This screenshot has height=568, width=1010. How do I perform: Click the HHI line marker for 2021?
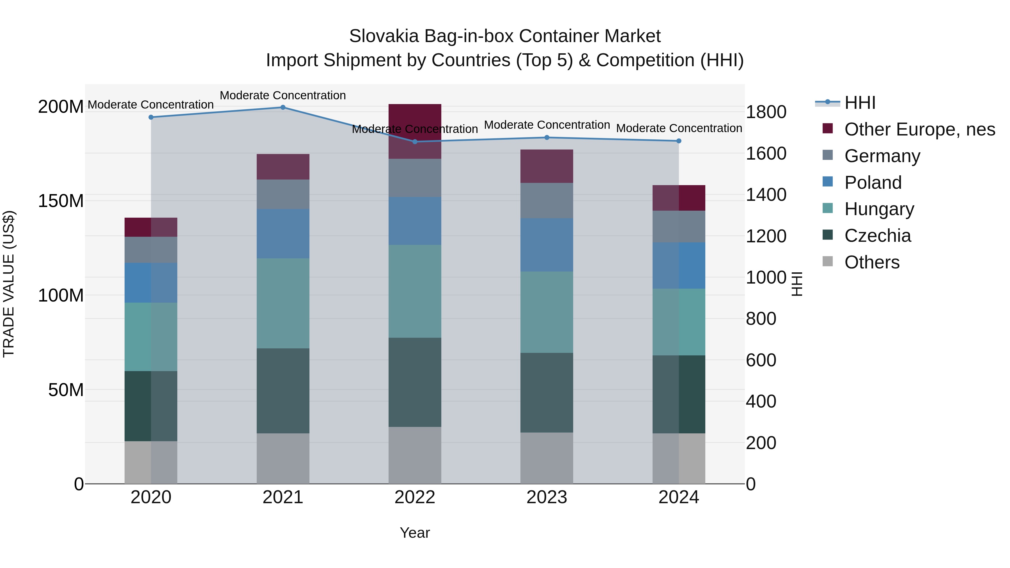coord(283,107)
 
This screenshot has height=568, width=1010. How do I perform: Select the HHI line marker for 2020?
coord(151,117)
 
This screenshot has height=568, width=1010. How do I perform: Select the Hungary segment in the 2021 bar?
coord(283,303)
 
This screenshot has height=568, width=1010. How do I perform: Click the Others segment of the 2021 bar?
coord(283,458)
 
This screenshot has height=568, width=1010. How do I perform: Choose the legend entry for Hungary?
coord(879,209)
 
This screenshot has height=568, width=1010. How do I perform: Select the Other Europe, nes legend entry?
coord(919,129)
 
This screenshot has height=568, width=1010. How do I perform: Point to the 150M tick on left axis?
coord(61,201)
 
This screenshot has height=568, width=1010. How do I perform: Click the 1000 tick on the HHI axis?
coord(765,277)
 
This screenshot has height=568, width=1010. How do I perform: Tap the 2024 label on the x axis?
coord(678,497)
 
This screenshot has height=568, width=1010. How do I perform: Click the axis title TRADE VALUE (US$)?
coord(9,284)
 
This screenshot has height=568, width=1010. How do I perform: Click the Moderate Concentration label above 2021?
coord(283,95)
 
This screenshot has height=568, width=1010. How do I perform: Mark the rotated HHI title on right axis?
coord(797,284)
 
